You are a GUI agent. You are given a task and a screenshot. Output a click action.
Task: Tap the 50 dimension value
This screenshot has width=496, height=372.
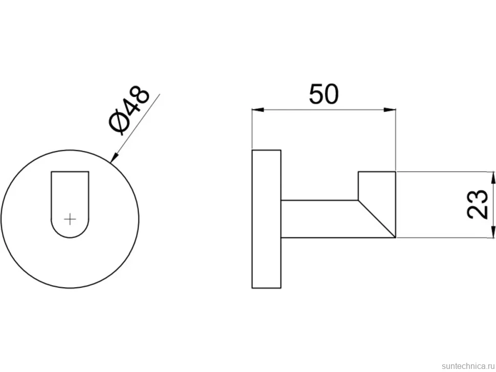pyautogui.click(x=324, y=94)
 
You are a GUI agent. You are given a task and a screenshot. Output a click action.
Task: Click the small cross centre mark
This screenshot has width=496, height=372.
pyautogui.click(x=70, y=219)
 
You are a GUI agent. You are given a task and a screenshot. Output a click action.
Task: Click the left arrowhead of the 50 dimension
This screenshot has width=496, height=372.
pyautogui.click(x=258, y=110)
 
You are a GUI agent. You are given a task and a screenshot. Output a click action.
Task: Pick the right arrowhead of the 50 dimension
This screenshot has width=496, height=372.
pyautogui.click(x=390, y=110)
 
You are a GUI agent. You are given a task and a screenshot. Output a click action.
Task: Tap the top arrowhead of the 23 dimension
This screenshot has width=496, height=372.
pyautogui.click(x=493, y=178)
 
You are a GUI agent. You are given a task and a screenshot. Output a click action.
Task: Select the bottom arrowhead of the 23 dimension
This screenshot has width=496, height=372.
pyautogui.click(x=493, y=231)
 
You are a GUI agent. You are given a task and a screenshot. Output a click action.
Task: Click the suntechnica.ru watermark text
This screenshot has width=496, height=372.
pyautogui.click(x=468, y=366)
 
